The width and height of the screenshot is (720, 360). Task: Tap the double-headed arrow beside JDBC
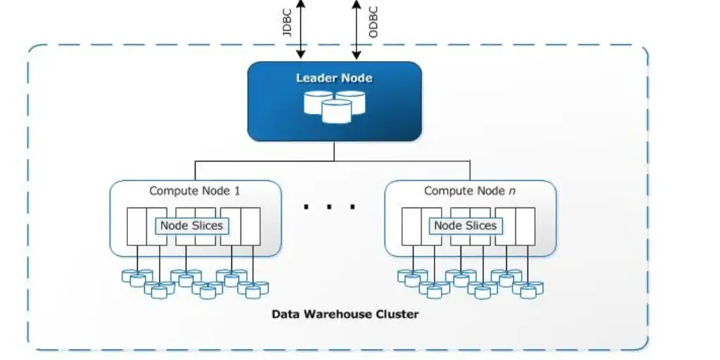(x=301, y=28)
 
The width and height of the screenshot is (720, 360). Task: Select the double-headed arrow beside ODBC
(x=356, y=28)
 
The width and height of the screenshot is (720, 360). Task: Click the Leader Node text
(x=334, y=78)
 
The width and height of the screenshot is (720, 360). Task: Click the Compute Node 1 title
(x=195, y=191)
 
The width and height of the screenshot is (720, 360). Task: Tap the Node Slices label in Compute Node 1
(x=191, y=226)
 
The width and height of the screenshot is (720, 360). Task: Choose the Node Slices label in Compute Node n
(x=465, y=226)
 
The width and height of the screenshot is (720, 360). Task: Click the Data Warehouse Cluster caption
(x=345, y=314)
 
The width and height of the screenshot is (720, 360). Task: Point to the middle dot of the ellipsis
(x=329, y=207)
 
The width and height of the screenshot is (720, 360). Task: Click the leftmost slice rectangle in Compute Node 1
(x=136, y=226)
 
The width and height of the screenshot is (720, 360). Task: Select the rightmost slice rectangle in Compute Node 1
(x=250, y=226)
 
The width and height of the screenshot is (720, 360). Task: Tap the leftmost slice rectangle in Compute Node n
(x=411, y=226)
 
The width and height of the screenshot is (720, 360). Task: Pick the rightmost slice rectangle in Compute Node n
(x=525, y=226)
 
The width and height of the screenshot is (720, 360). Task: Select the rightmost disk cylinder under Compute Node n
(x=536, y=288)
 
